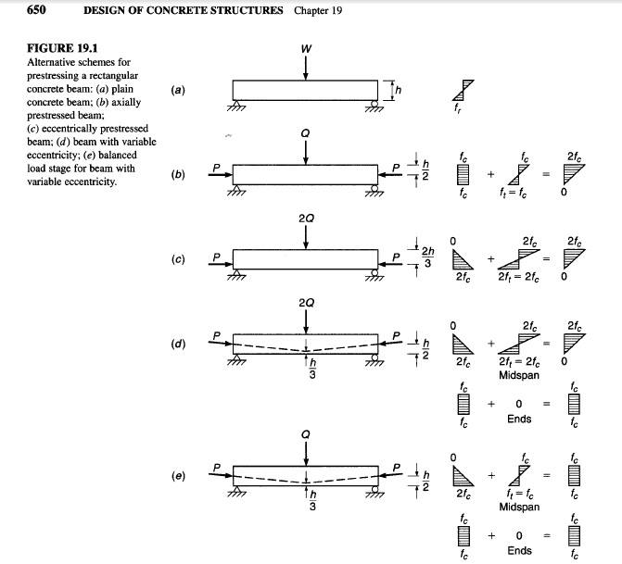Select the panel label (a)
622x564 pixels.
(179, 90)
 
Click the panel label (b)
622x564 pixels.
(179, 173)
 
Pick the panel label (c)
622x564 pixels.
(179, 258)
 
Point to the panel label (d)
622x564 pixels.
(179, 344)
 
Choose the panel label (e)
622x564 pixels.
(179, 476)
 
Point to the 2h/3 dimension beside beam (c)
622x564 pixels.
(427, 257)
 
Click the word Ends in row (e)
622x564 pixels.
(519, 550)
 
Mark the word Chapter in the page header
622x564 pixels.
(312, 10)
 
